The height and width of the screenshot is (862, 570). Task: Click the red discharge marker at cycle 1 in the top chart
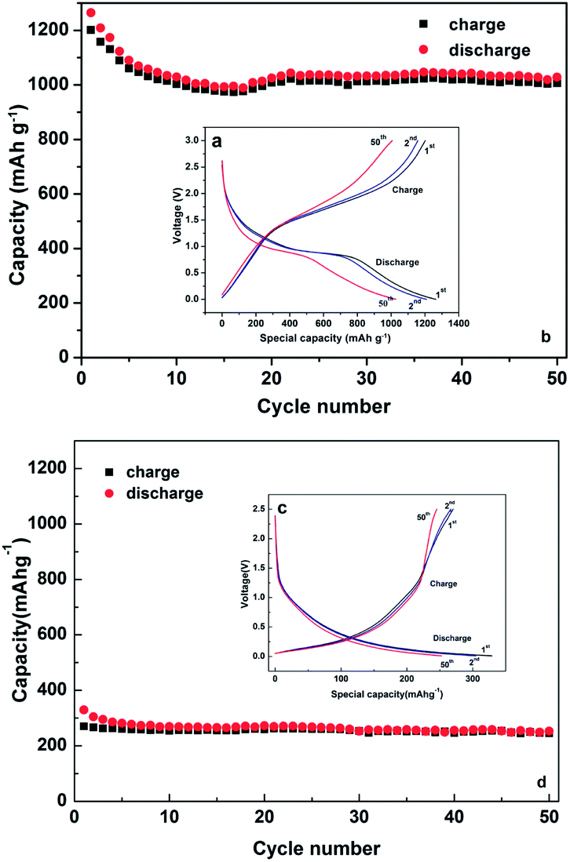pyautogui.click(x=90, y=13)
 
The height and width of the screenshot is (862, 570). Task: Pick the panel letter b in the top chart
pyautogui.click(x=546, y=337)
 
